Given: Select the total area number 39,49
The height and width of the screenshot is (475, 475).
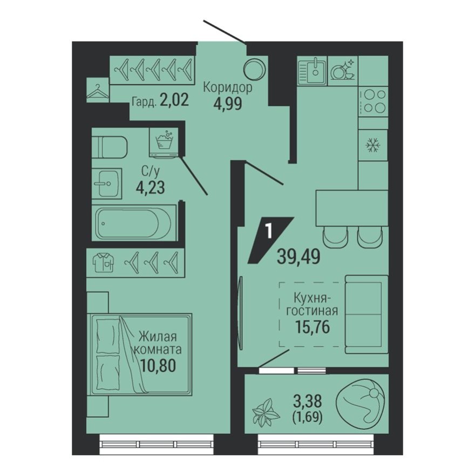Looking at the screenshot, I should click(300, 255).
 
